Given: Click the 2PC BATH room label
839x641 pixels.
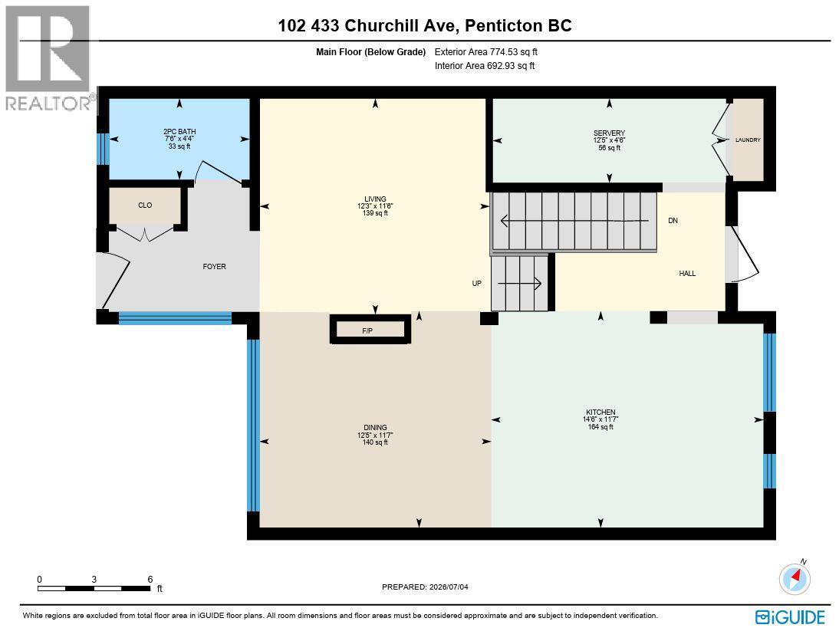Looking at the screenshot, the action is click(179, 132).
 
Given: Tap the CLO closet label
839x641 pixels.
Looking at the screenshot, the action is click(145, 205).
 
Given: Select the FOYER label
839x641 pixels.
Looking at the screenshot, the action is click(214, 267).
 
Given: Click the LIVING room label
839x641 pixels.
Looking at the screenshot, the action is click(375, 199).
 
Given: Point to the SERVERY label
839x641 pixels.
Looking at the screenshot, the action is click(609, 133).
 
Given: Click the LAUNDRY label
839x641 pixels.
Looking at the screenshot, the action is click(748, 140).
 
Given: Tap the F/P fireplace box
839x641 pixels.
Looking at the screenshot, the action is click(370, 330).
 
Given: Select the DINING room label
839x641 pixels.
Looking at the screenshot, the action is click(375, 428).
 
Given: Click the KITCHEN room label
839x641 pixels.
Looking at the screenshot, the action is click(600, 412).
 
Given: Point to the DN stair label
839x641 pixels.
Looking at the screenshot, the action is click(673, 221).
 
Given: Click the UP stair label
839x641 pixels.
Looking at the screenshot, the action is click(477, 284).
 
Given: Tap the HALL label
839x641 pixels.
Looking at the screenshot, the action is click(688, 274).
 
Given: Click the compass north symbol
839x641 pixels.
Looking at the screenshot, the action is click(795, 578).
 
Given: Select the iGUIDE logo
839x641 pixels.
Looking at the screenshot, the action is click(791, 617).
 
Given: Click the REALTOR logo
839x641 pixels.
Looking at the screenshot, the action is click(48, 58).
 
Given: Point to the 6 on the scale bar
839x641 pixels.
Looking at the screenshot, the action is click(150, 580).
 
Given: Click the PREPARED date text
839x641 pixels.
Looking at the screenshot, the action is click(425, 587).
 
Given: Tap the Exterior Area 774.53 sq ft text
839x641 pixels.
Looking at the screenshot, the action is click(486, 52).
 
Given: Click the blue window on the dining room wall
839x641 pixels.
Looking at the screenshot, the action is click(254, 426).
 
